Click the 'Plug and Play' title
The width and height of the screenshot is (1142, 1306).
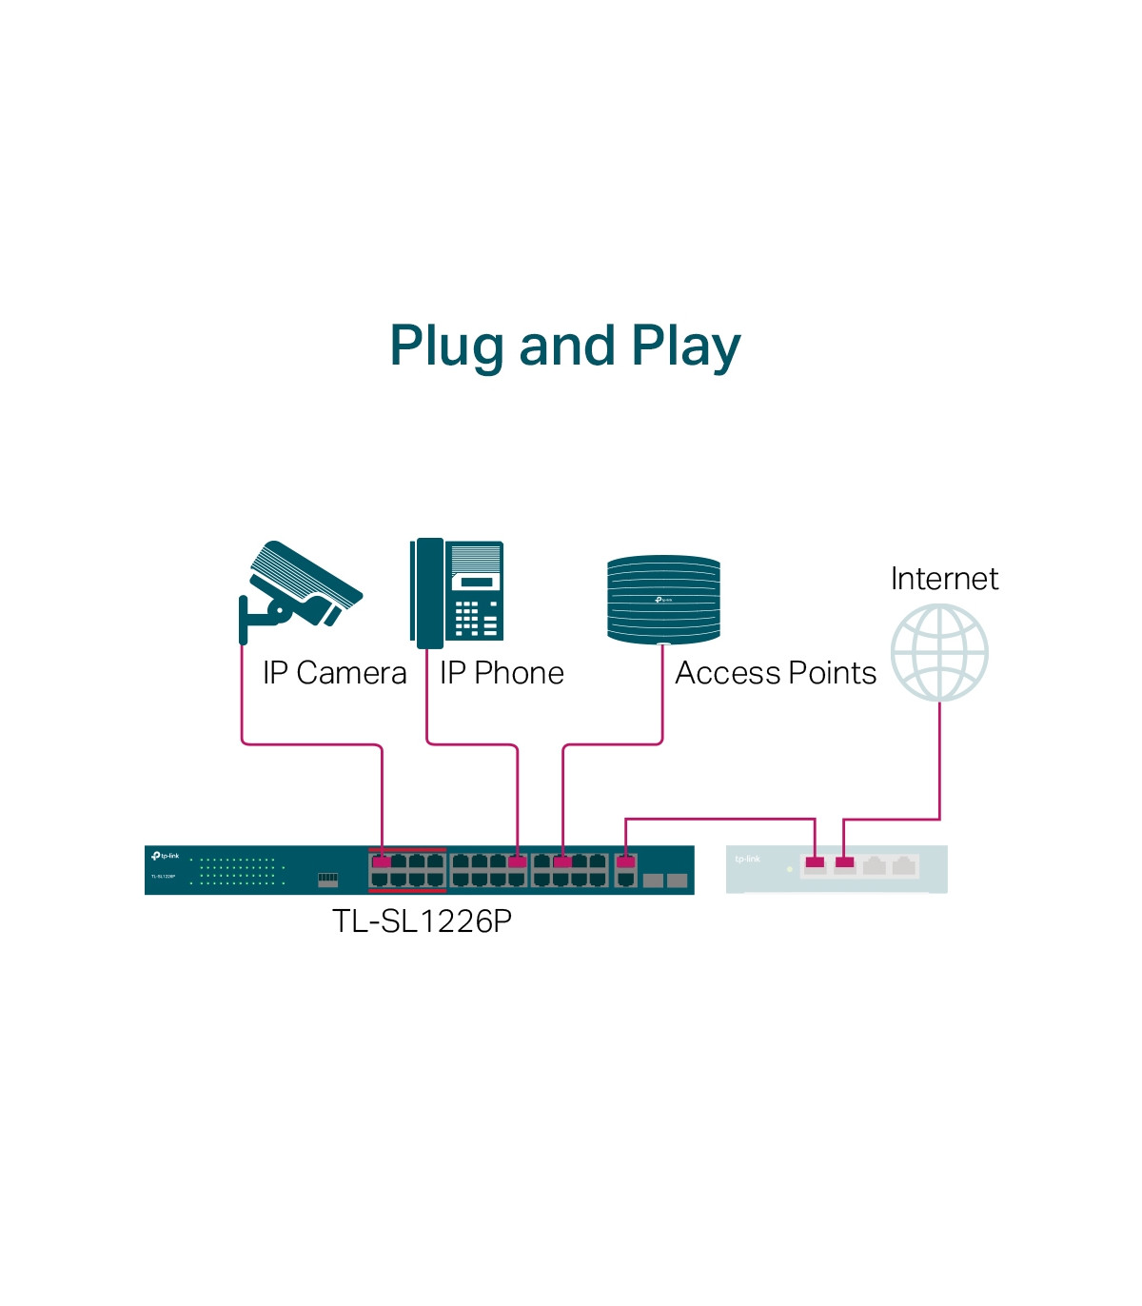[564, 346]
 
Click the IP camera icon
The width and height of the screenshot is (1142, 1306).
[298, 591]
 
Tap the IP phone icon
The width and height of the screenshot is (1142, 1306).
[458, 590]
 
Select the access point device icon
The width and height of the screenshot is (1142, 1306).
[663, 599]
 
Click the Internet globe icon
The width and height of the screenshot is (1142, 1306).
[939, 653]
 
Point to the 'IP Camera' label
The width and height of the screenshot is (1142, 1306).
[334, 673]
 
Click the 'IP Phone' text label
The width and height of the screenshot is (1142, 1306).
[502, 673]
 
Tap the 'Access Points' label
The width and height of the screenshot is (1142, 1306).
[776, 673]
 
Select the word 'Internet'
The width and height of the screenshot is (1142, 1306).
[944, 579]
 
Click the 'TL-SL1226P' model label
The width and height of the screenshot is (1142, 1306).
[422, 921]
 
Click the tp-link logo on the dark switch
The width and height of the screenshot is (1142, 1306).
[165, 857]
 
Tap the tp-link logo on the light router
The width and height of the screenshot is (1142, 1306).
[748, 859]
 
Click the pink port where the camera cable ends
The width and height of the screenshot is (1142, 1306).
[382, 861]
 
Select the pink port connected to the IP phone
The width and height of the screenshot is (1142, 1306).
[517, 861]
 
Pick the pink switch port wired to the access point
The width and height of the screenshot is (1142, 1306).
[562, 861]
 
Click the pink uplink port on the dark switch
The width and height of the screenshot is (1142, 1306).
[626, 861]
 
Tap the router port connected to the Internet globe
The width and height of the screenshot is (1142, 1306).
[844, 863]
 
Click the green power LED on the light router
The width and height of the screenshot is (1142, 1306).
[790, 869]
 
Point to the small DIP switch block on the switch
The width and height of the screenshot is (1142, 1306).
[327, 878]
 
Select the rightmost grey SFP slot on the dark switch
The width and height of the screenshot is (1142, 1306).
[677, 881]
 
